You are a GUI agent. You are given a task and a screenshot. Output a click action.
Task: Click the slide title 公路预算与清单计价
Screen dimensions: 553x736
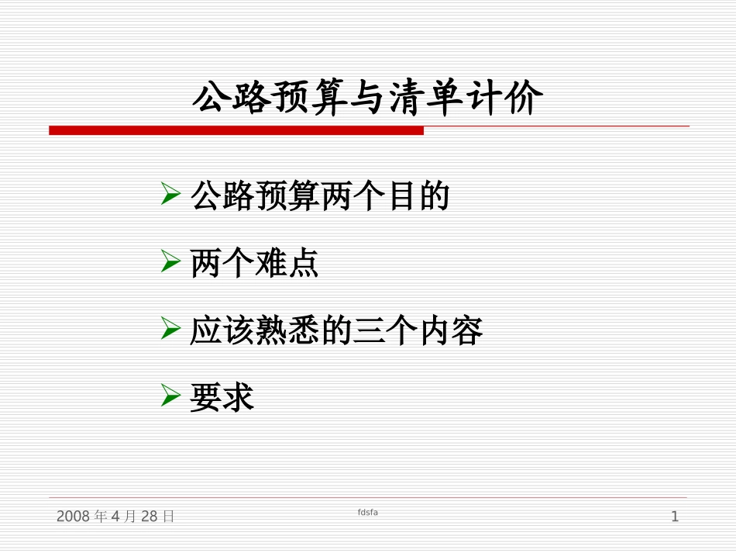pos(367,99)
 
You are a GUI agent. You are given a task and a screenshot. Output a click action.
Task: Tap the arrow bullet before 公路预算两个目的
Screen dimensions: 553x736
pos(171,195)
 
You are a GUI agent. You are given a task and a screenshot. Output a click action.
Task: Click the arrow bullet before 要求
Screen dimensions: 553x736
pos(171,396)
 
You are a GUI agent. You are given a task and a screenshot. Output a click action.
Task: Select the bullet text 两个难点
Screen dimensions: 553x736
pos(254,264)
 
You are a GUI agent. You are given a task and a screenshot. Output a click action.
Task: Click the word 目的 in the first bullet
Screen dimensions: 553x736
pos(418,197)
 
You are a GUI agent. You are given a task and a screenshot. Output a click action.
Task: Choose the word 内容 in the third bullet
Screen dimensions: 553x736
pos(451,332)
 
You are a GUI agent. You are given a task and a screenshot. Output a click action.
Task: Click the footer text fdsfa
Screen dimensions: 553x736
pos(368,513)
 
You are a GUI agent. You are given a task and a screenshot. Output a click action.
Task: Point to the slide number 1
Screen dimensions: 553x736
pos(675,517)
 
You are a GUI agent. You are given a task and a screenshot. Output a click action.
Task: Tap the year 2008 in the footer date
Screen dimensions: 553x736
pos(74,517)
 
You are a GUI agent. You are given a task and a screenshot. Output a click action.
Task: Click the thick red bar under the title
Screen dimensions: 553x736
pos(236,130)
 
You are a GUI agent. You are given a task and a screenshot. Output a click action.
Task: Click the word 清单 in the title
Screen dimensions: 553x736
pos(426,99)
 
